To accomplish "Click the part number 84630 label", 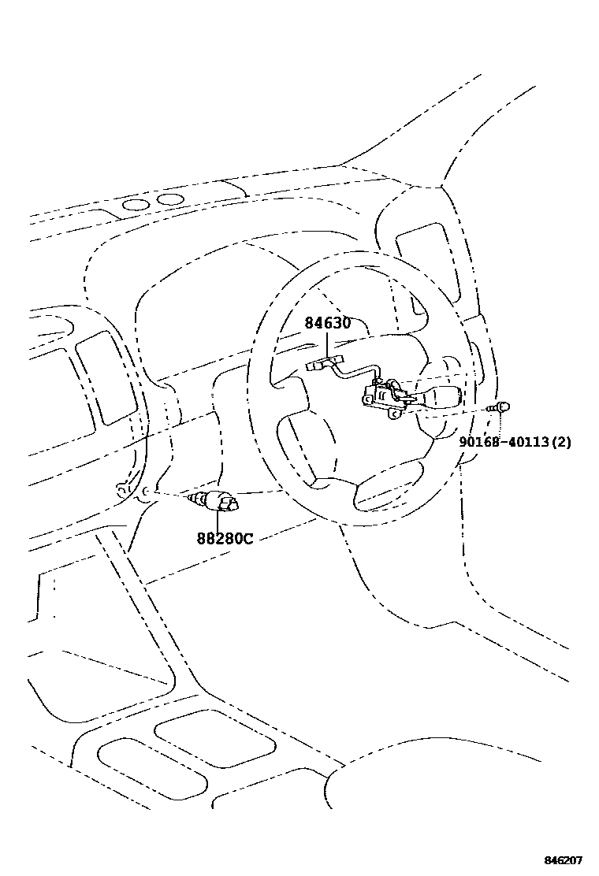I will tap(328, 323).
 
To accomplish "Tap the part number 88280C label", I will tap(225, 539).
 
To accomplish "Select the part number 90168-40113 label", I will tap(505, 442).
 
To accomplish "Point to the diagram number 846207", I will tap(564, 860).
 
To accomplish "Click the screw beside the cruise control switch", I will tap(500, 408).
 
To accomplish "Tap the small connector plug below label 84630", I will tap(324, 363).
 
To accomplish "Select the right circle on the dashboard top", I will tap(169, 199).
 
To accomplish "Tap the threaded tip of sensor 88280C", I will tap(192, 498).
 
